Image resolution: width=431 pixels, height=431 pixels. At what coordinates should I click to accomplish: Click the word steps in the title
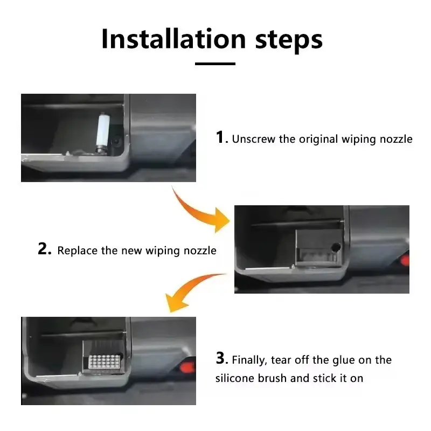pyautogui.click(x=286, y=39)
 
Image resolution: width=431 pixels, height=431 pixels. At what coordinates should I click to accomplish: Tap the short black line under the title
pyautogui.click(x=215, y=64)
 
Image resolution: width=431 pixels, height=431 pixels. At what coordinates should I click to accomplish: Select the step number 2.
pyautogui.click(x=45, y=249)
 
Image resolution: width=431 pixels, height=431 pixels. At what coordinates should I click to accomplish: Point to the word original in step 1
pyautogui.click(x=318, y=139)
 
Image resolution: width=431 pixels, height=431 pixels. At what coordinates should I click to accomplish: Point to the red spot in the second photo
pyautogui.click(x=405, y=262)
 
